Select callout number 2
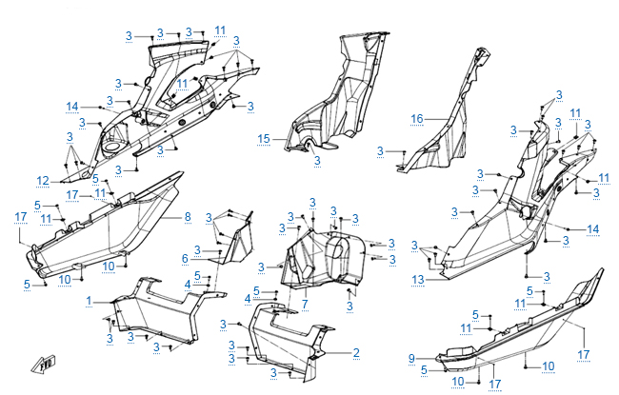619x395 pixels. click(x=356, y=353)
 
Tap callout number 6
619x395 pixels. click(x=185, y=258)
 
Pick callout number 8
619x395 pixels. click(x=189, y=217)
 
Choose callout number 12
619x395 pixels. click(x=43, y=180)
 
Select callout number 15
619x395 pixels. click(x=264, y=138)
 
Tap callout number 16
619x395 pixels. click(x=416, y=118)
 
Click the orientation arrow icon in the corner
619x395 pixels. click(x=46, y=363)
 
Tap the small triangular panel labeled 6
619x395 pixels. click(x=233, y=238)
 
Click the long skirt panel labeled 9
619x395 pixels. click(x=514, y=328)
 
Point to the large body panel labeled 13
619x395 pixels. click(x=495, y=228)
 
